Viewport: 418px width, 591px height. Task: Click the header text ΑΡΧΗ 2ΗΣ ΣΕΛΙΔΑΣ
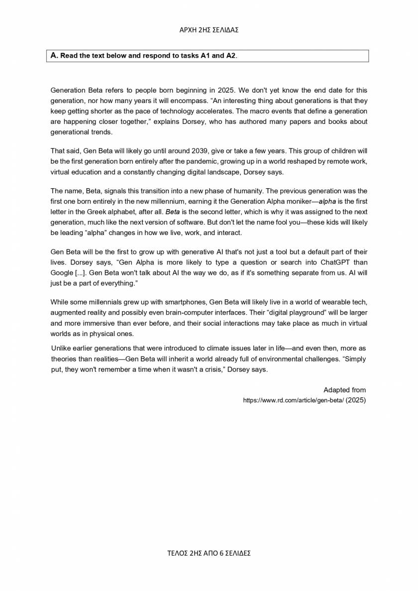[209, 30]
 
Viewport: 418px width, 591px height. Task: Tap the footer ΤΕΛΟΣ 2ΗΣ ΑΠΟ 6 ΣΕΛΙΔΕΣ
[209, 553]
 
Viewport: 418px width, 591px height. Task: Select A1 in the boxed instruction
[207, 56]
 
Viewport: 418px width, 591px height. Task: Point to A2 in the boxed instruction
[230, 56]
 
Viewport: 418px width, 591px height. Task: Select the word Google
[62, 273]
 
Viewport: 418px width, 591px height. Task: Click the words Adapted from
[344, 390]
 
